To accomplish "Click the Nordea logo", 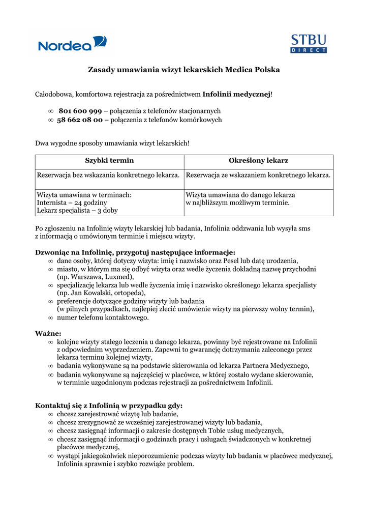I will coord(72,44).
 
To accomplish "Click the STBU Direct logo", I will coord(308,44).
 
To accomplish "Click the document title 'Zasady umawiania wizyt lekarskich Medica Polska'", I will coord(184,69).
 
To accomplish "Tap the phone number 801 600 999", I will coord(80,111).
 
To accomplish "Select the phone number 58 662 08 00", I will coord(80,120).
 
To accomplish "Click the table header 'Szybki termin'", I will coord(109,161).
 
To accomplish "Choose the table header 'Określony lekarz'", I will coord(258,161).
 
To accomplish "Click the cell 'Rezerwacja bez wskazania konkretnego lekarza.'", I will coord(108,175).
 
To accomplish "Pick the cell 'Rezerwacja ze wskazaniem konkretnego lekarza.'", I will coord(258,175).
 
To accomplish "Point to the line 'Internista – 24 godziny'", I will coord(72,202).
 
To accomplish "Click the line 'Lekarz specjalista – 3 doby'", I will coord(77,210).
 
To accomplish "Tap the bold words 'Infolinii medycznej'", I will coord(236,94).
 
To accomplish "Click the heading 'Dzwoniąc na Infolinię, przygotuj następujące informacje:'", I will coord(135,252).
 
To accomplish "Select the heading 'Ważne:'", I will coord(48,334).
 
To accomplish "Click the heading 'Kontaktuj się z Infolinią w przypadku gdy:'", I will coord(109,406).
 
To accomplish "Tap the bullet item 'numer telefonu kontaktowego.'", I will coord(103,317).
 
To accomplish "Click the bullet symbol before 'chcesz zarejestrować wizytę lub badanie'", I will coord(50,415).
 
